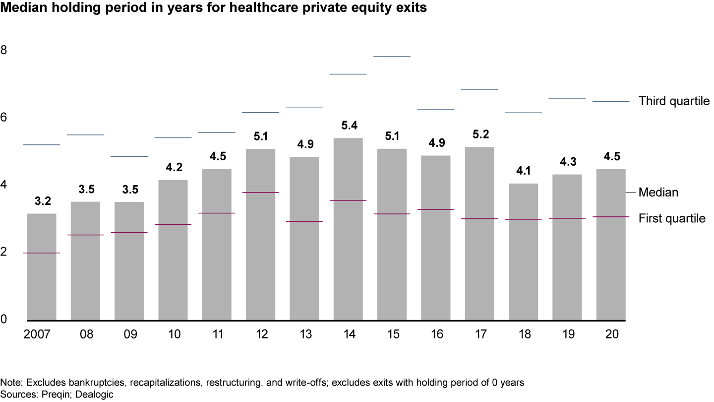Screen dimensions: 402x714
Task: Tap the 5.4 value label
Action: point(350,125)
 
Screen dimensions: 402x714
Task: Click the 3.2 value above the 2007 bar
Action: point(43,201)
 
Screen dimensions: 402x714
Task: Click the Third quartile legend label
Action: point(674,101)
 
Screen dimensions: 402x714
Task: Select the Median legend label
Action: point(658,192)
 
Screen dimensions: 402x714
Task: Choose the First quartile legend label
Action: point(672,218)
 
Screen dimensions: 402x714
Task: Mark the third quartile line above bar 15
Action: point(392,57)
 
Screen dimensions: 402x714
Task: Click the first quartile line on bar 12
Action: point(260,192)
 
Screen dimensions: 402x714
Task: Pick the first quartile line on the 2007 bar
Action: point(41,253)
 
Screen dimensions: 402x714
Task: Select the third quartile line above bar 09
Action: point(129,156)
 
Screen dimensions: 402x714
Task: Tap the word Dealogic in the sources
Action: point(96,395)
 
